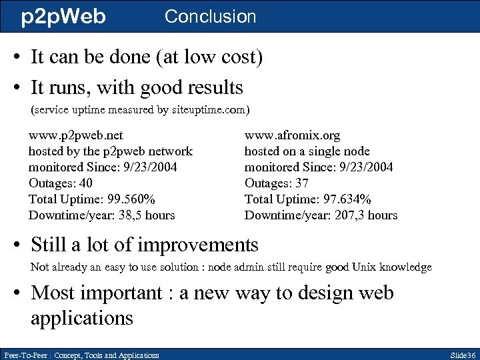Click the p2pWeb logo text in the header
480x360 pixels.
(x=63, y=16)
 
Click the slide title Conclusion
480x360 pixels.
(x=210, y=16)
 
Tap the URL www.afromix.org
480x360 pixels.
(x=292, y=135)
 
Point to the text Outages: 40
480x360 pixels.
(x=61, y=183)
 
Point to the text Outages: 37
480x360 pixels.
(x=277, y=183)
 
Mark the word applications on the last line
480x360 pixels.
(x=82, y=317)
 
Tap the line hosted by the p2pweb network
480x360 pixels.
(x=110, y=151)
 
